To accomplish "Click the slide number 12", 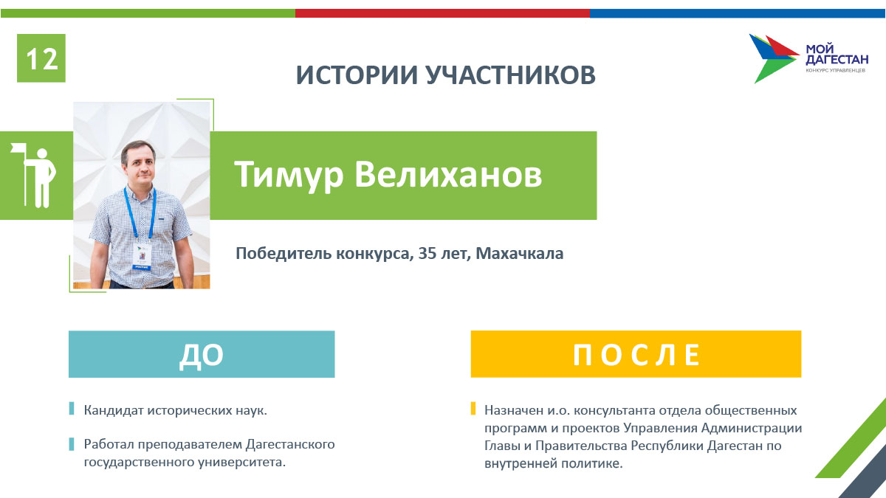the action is click(41, 59).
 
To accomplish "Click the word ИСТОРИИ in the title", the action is click(357, 75).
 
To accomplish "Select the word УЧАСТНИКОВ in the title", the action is click(511, 75).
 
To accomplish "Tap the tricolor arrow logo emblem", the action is click(774, 58).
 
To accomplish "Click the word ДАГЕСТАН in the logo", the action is click(837, 59).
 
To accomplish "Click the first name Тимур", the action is click(289, 175).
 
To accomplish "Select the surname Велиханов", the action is click(447, 174).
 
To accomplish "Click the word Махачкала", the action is click(519, 253).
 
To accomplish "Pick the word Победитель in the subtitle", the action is click(284, 253).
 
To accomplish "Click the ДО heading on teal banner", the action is click(202, 355).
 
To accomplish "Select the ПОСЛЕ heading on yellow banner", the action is click(636, 355).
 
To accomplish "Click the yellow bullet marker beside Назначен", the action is click(473, 408).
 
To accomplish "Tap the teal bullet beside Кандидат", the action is click(72, 408).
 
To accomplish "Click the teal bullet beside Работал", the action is click(72, 444).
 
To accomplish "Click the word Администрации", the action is click(752, 428).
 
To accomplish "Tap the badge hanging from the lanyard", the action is click(141, 257).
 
